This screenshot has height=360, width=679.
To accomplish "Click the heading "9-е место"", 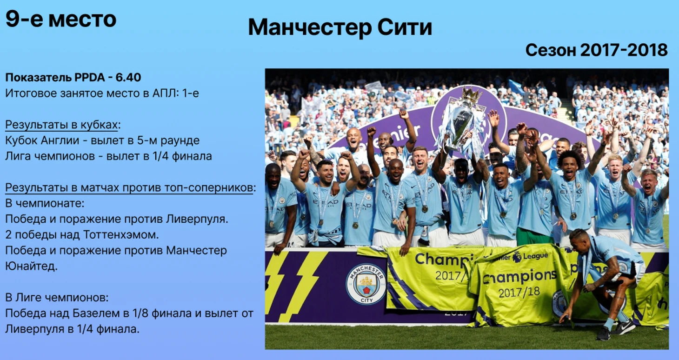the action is point(61,19).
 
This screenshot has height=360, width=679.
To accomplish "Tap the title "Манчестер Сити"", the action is point(340,27).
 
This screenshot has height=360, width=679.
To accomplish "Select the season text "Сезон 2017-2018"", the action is point(596,50).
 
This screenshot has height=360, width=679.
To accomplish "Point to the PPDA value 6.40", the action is point(128,78).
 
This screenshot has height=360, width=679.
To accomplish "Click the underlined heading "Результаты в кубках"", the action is point(61,125).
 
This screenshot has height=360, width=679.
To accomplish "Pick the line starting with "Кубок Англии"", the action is point(102,140).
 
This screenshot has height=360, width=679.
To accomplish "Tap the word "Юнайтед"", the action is point(31,266).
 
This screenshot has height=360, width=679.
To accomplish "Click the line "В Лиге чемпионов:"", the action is point(57,298).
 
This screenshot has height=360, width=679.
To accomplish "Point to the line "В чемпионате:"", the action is point(45,203).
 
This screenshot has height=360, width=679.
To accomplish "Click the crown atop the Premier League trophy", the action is point(472,94).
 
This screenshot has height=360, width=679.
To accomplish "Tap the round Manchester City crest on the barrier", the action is point(366,284).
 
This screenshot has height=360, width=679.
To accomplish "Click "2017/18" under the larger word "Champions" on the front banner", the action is point(519,292).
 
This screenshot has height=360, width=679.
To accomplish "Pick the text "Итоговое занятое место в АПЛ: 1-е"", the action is point(102,93).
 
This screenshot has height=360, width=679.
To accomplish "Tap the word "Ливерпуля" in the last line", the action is point(35,329).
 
